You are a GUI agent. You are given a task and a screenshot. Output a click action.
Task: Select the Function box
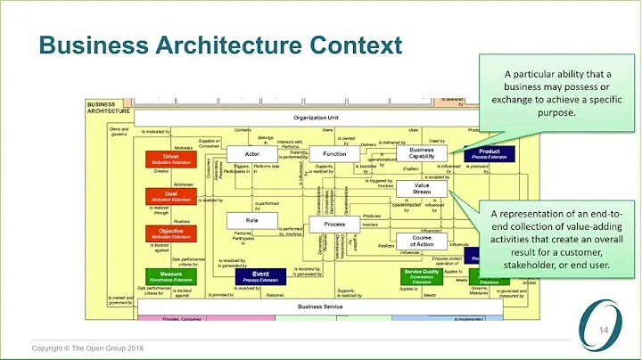pyautogui.click(x=333, y=155)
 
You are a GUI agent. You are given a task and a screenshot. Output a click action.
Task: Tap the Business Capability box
pyautogui.click(x=421, y=153)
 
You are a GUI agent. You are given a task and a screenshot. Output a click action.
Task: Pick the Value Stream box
pyautogui.click(x=423, y=189)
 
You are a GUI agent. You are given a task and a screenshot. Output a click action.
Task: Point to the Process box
pyautogui.click(x=334, y=224)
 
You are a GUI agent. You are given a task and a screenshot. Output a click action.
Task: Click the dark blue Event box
pyautogui.click(x=260, y=276)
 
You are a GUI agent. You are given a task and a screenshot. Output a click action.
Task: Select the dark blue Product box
pyautogui.click(x=489, y=153)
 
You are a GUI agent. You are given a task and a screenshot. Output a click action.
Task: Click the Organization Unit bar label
pyautogui.click(x=317, y=118)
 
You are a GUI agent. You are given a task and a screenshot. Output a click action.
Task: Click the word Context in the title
pyautogui.click(x=351, y=44)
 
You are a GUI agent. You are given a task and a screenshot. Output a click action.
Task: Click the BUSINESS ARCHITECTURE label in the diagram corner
pyautogui.click(x=107, y=107)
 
